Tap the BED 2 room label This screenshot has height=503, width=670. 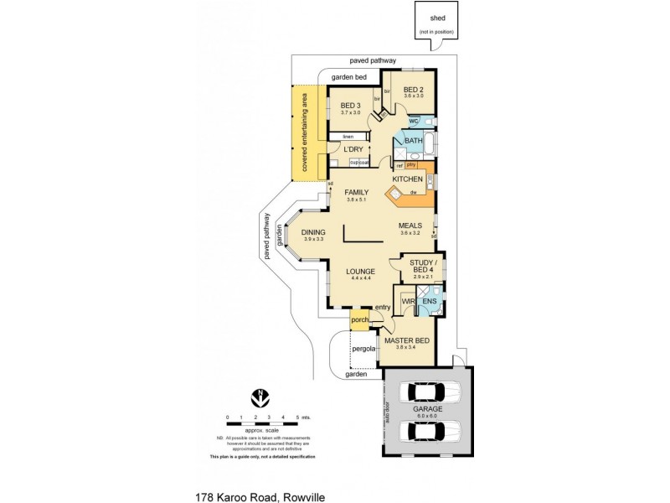tap(414, 90)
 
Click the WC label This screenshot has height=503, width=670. tap(414, 121)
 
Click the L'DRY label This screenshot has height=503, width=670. tap(353, 149)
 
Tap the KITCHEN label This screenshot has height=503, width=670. tap(408, 179)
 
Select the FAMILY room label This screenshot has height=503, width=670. tap(358, 194)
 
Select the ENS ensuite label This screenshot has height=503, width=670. tap(430, 300)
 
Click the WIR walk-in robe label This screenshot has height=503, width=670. tap(409, 300)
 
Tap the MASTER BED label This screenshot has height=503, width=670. tap(406, 340)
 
